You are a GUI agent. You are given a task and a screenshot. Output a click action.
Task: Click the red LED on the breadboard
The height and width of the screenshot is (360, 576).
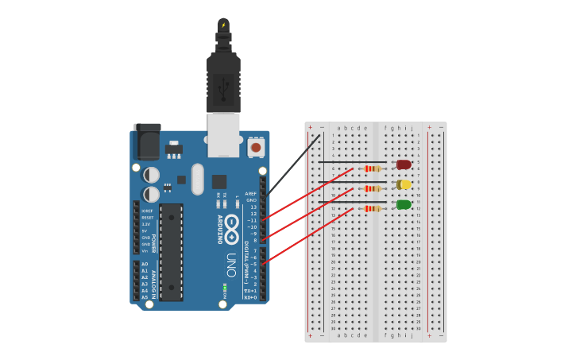(404, 165)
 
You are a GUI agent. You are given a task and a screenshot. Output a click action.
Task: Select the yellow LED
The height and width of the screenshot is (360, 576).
(404, 184)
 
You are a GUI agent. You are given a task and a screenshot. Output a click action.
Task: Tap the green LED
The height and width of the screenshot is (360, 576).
(404, 204)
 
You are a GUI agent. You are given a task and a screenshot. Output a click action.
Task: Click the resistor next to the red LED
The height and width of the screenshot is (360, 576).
(372, 168)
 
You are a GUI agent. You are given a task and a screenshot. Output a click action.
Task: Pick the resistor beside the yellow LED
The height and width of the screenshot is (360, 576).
(372, 188)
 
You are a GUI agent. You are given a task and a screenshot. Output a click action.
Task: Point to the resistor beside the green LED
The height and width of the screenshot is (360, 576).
(372, 208)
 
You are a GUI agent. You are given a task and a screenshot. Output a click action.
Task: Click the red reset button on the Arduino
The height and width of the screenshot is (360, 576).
(256, 147)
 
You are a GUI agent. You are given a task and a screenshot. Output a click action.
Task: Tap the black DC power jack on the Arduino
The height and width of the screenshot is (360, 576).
(147, 143)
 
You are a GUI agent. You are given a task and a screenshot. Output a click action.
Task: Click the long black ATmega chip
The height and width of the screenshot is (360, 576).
(171, 252)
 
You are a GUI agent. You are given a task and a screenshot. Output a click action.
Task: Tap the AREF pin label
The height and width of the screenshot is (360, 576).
(251, 193)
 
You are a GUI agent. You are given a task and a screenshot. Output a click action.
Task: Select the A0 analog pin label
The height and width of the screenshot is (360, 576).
(145, 263)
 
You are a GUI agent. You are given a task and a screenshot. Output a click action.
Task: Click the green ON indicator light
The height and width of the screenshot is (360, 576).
(225, 286)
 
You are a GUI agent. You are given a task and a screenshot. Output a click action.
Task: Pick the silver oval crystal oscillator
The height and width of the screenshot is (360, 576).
(198, 179)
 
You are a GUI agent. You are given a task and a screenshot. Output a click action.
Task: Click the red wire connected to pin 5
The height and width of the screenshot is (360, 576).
(306, 235)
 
